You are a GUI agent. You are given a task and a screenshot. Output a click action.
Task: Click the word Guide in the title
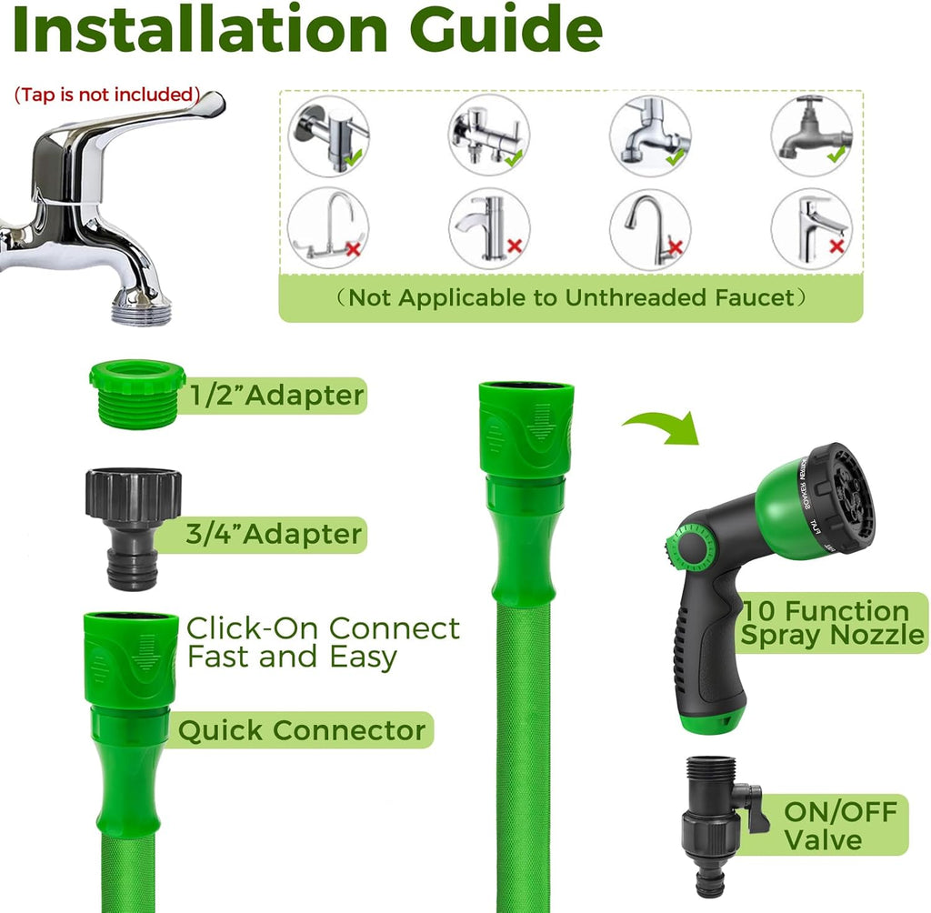point(506,30)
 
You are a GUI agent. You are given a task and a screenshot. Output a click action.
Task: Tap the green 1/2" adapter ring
point(137,394)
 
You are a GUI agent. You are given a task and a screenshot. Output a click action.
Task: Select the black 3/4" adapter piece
point(133,528)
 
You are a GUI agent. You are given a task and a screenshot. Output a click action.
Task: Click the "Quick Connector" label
point(302,730)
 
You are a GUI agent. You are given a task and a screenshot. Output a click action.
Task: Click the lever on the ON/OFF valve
point(751,807)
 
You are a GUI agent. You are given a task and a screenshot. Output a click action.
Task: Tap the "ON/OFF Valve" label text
point(840,826)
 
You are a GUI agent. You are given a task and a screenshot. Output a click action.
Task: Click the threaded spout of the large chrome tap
point(141,306)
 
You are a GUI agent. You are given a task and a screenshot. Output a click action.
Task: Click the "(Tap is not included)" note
point(107,95)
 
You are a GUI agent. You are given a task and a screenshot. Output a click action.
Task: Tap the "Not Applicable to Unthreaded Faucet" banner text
point(571,297)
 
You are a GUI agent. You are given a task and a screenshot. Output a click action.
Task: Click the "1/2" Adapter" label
point(276,396)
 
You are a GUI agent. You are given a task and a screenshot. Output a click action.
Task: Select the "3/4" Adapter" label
point(274,534)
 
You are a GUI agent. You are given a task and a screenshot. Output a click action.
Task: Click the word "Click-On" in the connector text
point(254,628)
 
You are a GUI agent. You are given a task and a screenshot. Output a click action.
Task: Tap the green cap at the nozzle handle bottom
point(712,721)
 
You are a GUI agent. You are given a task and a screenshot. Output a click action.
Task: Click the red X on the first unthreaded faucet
point(354,249)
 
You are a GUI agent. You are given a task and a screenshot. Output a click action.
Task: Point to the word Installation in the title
point(200,30)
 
